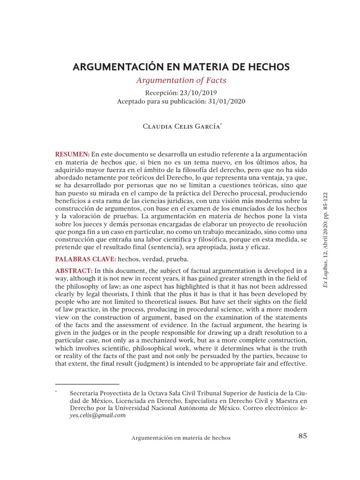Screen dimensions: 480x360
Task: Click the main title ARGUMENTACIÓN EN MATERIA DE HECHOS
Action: tap(181, 67)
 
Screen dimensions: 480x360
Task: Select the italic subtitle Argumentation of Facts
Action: tap(181, 80)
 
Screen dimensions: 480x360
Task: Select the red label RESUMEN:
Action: tap(72, 154)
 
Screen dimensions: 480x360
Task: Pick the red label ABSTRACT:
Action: tap(74, 271)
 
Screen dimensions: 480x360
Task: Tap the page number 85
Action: tap(302, 436)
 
